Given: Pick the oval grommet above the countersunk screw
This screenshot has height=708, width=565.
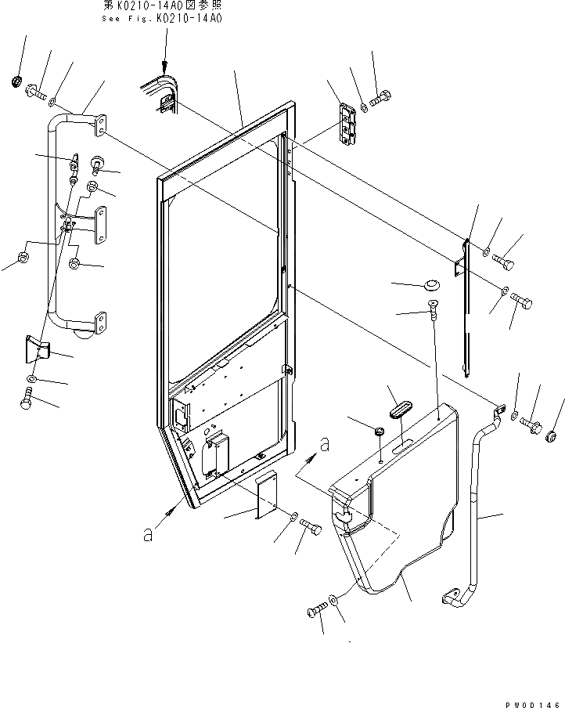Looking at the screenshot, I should click(x=430, y=283).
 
